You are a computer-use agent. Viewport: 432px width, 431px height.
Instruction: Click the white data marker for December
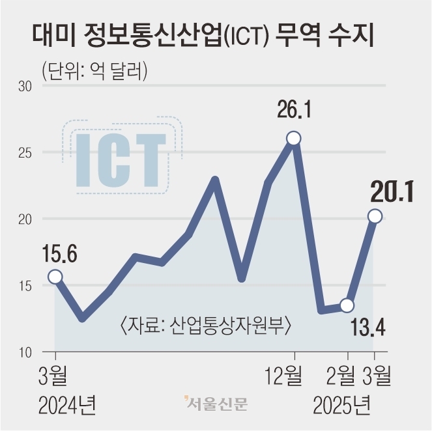pyautogui.click(x=294, y=138)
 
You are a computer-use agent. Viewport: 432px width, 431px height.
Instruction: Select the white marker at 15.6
pyautogui.click(x=55, y=277)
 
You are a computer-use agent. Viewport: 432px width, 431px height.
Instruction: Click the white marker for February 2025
pyautogui.click(x=347, y=305)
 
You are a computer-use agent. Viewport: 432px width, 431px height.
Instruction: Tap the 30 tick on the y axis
pyautogui.click(x=25, y=86)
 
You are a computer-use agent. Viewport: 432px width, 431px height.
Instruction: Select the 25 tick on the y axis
pyautogui.click(x=25, y=152)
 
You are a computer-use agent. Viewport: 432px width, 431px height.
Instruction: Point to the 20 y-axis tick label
pyautogui.click(x=25, y=219)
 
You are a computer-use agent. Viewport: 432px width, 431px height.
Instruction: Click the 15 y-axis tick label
pyautogui.click(x=25, y=286)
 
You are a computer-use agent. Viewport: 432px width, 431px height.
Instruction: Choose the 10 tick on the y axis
pyautogui.click(x=25, y=352)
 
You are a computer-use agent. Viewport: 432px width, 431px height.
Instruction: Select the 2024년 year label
pyautogui.click(x=67, y=405)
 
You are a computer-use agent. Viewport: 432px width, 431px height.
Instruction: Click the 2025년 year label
pyautogui.click(x=341, y=405)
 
